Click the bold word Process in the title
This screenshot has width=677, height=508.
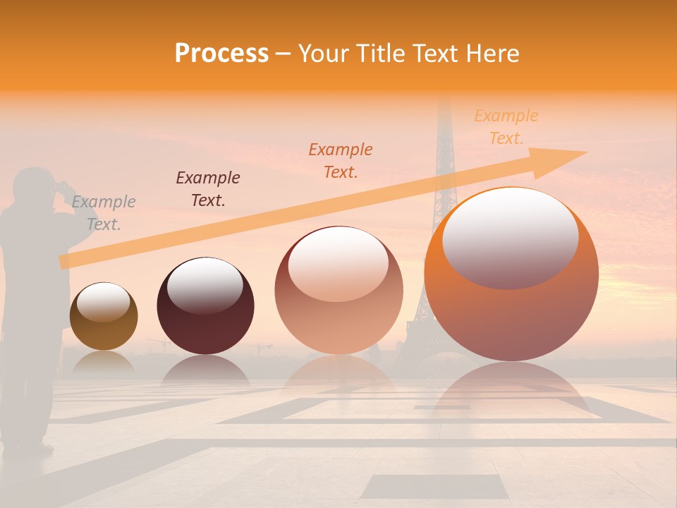(x=221, y=54)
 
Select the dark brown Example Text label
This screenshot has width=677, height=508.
(x=208, y=189)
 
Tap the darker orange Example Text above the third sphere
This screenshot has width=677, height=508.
(x=341, y=160)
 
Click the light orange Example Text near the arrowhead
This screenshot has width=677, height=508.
(x=506, y=127)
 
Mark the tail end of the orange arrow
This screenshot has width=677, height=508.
(x=64, y=262)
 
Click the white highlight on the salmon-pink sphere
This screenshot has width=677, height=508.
(x=338, y=264)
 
